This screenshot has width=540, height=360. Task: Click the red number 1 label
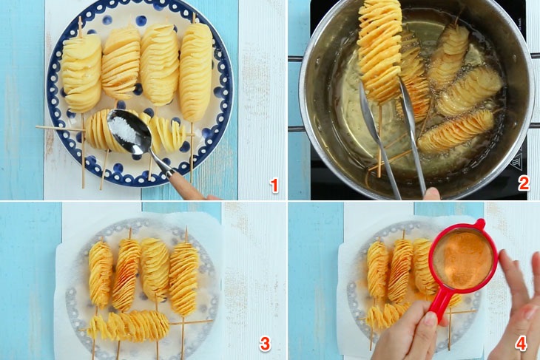click(274, 186)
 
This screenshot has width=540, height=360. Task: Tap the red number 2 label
click(524, 183)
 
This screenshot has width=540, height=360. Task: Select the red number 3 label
click(265, 344)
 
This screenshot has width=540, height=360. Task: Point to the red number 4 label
click(521, 344)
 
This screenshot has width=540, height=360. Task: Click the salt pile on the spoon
click(125, 130)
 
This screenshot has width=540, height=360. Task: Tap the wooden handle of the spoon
click(188, 186)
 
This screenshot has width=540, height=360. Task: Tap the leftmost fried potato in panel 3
click(101, 274)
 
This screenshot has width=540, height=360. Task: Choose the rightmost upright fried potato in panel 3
click(183, 278)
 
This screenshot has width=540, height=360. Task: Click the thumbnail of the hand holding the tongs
click(432, 194)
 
